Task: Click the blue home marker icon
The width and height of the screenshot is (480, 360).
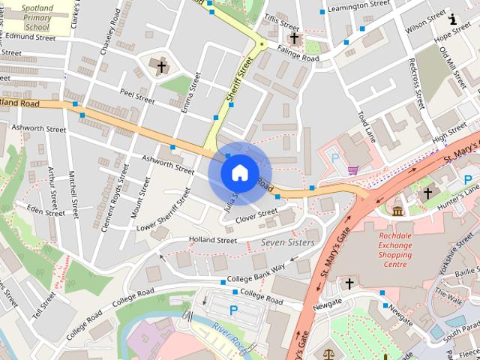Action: point(238,172)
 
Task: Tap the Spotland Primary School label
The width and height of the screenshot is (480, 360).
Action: point(33,15)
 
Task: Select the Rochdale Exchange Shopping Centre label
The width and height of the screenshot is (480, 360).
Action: point(394,249)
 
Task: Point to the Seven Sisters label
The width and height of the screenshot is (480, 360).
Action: point(287,243)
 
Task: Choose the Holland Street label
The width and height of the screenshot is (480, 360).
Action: point(212,240)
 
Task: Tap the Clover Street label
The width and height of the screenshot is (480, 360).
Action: point(256,216)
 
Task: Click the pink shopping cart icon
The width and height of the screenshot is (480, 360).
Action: point(352,170)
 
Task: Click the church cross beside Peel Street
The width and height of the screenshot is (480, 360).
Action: point(161,67)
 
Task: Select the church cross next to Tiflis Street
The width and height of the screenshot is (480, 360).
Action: point(294,38)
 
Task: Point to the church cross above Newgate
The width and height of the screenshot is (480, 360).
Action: point(348,283)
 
